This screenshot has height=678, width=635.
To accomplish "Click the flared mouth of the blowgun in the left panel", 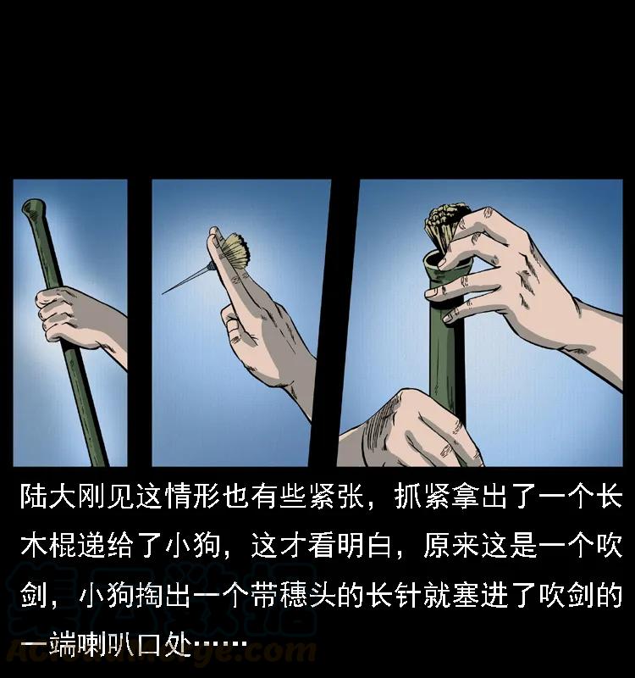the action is coord(34,208).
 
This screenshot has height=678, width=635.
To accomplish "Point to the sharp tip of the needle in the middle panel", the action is coord(163,293).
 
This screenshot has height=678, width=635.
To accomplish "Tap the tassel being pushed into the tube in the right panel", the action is coord(445,225).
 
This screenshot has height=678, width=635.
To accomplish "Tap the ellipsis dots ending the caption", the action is coord(220,644).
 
